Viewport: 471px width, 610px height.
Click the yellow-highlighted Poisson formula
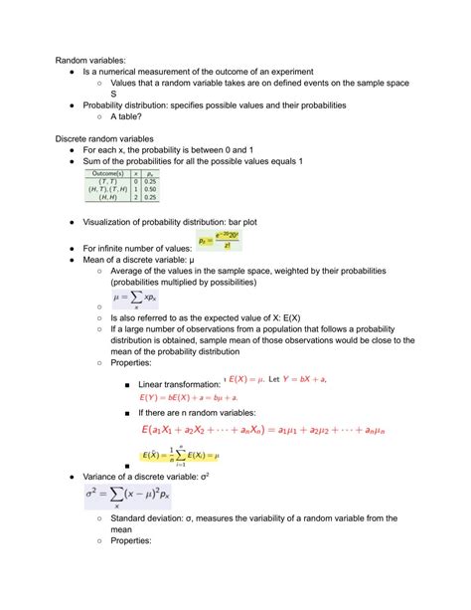point(219,241)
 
